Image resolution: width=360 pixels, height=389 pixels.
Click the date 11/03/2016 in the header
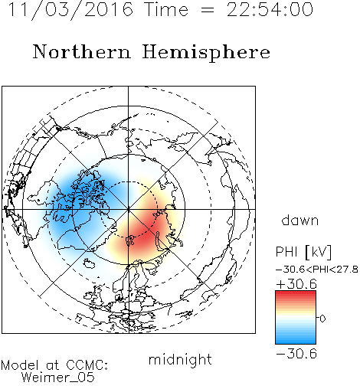tap(70, 10)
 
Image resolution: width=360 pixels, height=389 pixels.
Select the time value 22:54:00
tap(270, 9)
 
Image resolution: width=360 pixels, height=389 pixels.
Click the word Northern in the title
tap(82, 51)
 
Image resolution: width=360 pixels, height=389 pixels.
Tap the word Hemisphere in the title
tap(206, 53)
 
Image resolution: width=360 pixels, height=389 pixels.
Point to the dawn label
tap(300, 221)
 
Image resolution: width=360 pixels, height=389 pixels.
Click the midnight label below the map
tap(180, 359)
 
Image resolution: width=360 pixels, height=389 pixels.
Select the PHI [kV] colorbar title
tap(303, 252)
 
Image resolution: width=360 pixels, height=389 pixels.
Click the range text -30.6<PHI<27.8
tap(316, 270)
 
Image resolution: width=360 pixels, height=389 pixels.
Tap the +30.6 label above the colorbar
tap(296, 284)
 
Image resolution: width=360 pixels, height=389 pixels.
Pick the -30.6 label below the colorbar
tap(296, 354)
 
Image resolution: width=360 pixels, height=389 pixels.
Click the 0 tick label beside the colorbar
tap(322, 319)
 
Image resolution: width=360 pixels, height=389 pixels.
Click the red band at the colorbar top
tap(296, 296)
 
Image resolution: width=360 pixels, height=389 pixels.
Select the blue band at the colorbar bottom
tap(296, 339)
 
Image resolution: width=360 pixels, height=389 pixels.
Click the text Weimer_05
tap(58, 378)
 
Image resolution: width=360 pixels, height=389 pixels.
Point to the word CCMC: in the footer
tap(87, 365)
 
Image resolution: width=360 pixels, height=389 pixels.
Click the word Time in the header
tap(166, 9)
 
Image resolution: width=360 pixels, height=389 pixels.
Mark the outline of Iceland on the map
tap(89, 263)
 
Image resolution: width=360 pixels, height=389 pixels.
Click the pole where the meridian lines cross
tap(129, 210)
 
